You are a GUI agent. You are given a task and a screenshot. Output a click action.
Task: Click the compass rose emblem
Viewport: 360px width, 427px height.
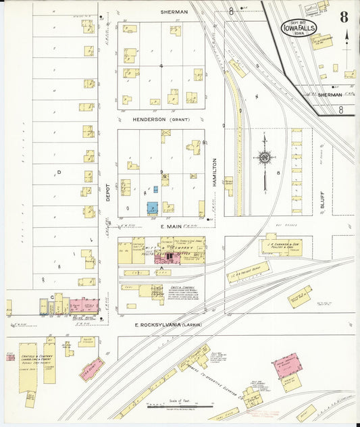click(264, 158)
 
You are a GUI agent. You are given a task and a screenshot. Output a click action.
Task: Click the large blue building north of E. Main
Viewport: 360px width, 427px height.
click(153, 208)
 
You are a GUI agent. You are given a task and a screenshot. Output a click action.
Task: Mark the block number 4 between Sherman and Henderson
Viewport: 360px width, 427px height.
click(161, 66)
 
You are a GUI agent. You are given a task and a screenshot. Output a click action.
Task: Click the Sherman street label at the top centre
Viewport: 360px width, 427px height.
click(174, 12)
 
